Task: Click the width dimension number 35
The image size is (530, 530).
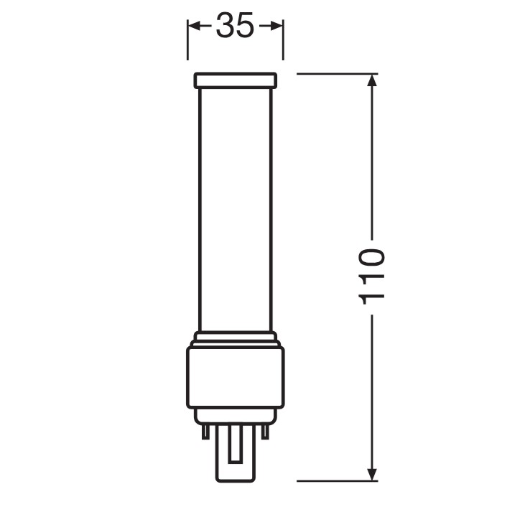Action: tap(235, 25)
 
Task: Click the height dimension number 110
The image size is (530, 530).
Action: tap(371, 277)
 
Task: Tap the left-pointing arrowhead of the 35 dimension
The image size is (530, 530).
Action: tap(195, 26)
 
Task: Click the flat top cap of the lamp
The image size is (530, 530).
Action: tap(236, 80)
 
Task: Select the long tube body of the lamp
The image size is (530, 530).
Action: tap(236, 210)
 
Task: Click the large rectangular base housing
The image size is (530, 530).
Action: tap(236, 378)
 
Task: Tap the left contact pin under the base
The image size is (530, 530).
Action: tap(205, 432)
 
